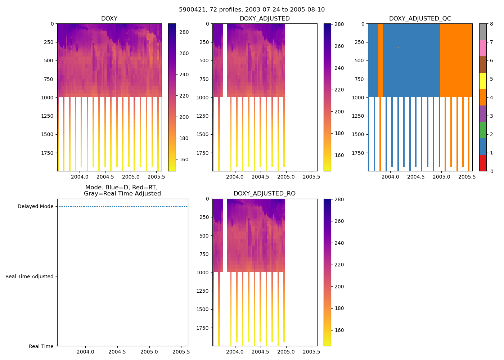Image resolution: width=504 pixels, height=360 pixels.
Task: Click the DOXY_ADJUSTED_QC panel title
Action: pyautogui.click(x=420, y=19)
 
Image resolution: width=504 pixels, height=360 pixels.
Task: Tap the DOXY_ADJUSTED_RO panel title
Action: pyautogui.click(x=265, y=194)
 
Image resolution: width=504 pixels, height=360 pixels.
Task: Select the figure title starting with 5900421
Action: pyautogui.click(x=252, y=10)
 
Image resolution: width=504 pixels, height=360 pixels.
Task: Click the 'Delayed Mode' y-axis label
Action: pyautogui.click(x=35, y=207)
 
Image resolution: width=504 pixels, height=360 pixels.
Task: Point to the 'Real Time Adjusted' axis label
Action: pyautogui.click(x=30, y=276)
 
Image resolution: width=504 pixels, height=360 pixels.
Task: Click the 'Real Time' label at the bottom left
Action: pyautogui.click(x=41, y=346)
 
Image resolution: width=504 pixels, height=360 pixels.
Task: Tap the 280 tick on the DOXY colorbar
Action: pyautogui.click(x=184, y=32)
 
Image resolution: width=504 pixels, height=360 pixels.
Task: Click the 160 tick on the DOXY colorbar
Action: pyautogui.click(x=184, y=159)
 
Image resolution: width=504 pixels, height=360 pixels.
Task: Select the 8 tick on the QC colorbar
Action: pyautogui.click(x=491, y=24)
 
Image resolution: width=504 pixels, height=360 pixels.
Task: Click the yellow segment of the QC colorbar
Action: pyautogui.click(x=483, y=81)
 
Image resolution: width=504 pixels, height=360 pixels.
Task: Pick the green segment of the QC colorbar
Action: pyautogui.click(x=483, y=130)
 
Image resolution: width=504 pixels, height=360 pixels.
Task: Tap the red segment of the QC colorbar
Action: pyautogui.click(x=483, y=163)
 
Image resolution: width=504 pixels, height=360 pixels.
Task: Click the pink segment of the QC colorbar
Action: pyautogui.click(x=483, y=48)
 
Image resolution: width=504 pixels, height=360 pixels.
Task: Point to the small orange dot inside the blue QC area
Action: pyautogui.click(x=398, y=48)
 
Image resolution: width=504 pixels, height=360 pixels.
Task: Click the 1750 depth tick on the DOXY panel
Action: pyautogui.click(x=48, y=153)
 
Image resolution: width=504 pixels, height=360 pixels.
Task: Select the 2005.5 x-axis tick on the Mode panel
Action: pyautogui.click(x=181, y=352)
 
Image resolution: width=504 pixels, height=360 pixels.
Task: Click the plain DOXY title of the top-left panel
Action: pyautogui.click(x=109, y=19)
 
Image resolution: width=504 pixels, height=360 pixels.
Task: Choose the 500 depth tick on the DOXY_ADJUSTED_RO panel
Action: pyautogui.click(x=204, y=236)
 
